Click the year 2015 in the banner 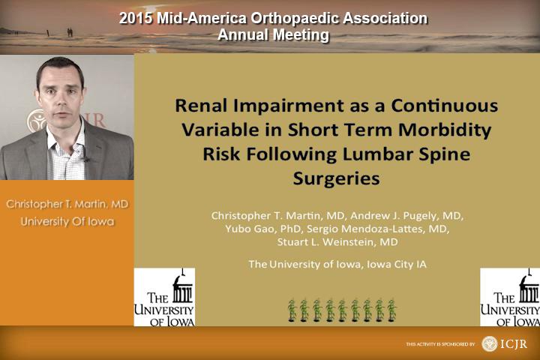tap(136, 18)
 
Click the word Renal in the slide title tap(202, 106)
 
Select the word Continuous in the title tap(444, 106)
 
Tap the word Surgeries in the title tap(336, 179)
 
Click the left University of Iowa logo tap(164, 297)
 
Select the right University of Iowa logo tap(510, 297)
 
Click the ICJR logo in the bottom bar tap(505, 343)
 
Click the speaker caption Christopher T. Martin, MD tap(67, 204)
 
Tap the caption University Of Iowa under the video tap(67, 221)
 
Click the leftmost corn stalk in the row tap(292, 310)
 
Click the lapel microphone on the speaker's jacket tap(85, 159)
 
